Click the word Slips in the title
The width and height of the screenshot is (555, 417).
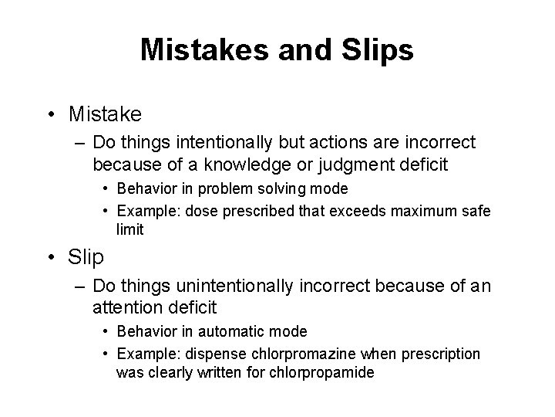pos(375,50)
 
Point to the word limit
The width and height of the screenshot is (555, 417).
pos(129,229)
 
